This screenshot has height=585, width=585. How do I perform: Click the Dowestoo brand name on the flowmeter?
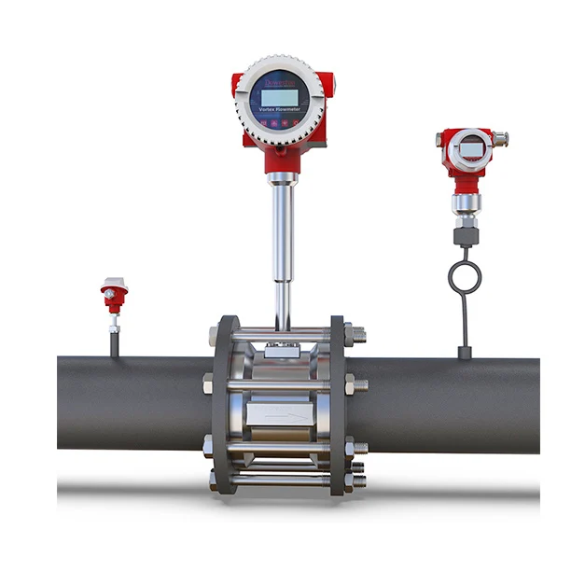pyautogui.click(x=278, y=81)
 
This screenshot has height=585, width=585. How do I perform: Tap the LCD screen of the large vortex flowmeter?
pyautogui.click(x=278, y=96)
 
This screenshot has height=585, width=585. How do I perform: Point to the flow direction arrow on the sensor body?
pyautogui.click(x=280, y=410)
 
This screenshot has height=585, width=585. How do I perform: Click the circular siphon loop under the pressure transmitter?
pyautogui.click(x=464, y=277)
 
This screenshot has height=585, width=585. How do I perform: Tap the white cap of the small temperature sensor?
pyautogui.click(x=114, y=283)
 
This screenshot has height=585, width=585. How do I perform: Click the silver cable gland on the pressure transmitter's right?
pyautogui.click(x=500, y=139)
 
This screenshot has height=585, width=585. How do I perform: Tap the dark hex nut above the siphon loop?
pyautogui.click(x=464, y=236)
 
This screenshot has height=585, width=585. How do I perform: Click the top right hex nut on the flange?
pyautogui.click(x=355, y=334)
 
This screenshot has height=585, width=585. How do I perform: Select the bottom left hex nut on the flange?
pyautogui.click(x=210, y=481)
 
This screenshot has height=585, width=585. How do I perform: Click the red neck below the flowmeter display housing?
pyautogui.click(x=281, y=160)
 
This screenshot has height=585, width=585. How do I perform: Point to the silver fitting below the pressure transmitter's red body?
pyautogui.click(x=464, y=203)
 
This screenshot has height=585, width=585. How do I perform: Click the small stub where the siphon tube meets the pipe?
pyautogui.click(x=464, y=352)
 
